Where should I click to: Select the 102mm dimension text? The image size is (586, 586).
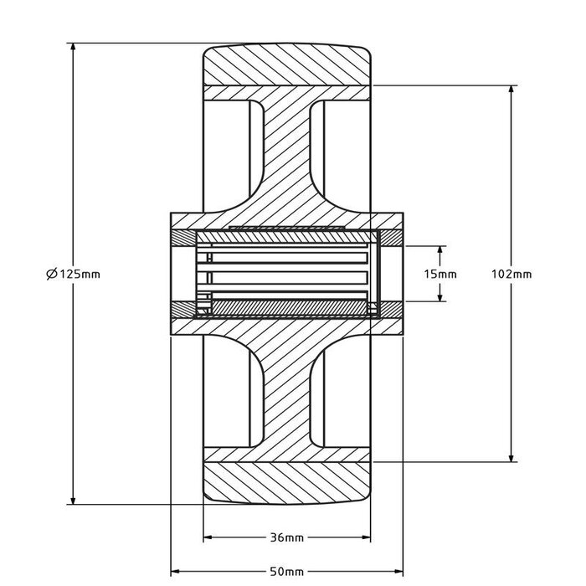click(x=510, y=274)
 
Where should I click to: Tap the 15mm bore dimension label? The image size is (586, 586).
click(x=440, y=274)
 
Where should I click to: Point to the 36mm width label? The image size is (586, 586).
click(x=287, y=537)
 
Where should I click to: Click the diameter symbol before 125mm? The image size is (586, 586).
click(x=52, y=274)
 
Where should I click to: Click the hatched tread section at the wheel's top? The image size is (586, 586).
click(x=287, y=64)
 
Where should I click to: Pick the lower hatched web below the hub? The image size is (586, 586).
click(x=287, y=393)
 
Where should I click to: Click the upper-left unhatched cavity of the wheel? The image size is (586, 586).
click(x=230, y=151)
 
